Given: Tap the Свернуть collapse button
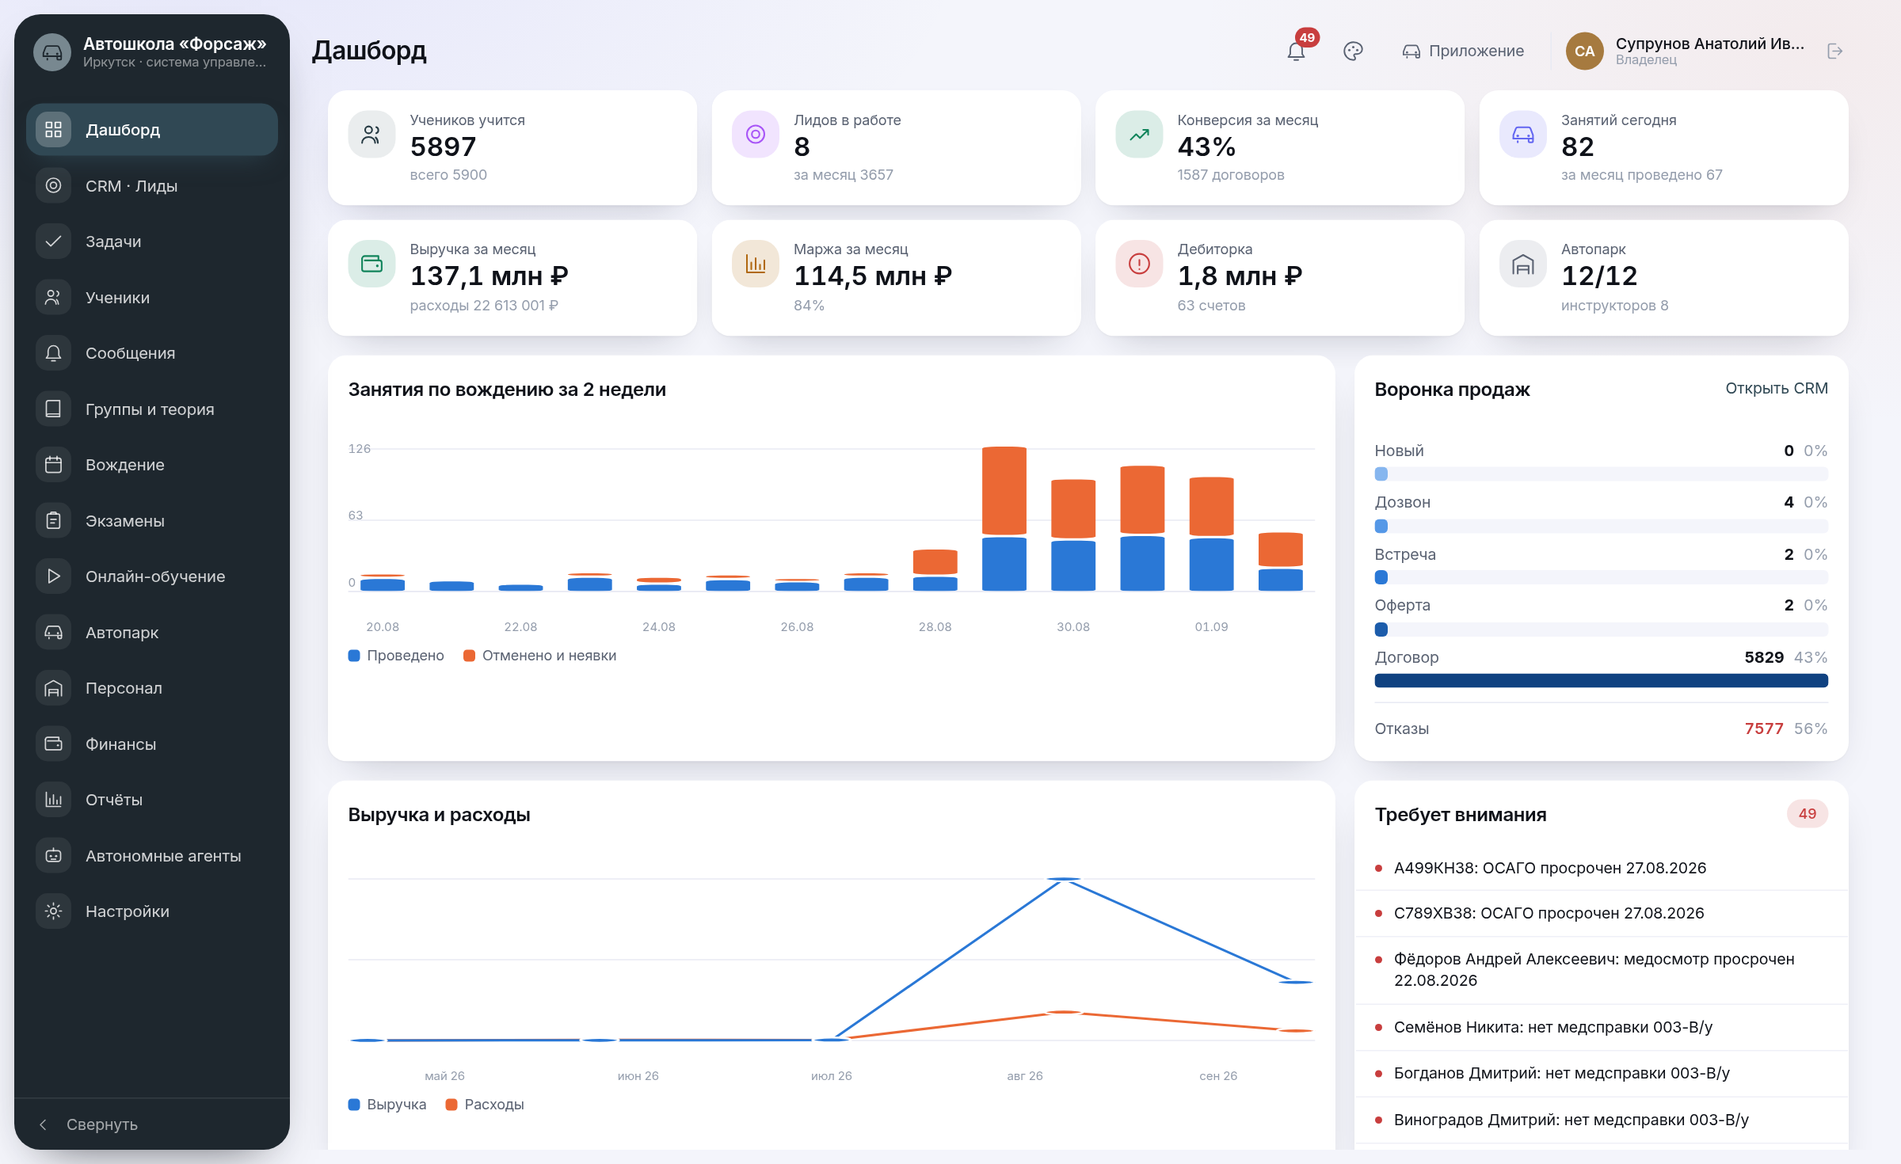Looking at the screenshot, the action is [x=89, y=1124].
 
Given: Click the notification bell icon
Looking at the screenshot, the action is [x=1296, y=51].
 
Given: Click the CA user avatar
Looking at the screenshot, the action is [x=1584, y=51].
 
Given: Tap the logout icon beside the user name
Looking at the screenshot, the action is [x=1834, y=51].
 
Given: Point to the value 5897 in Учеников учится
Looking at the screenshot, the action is [x=443, y=146].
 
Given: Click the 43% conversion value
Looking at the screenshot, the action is [x=1206, y=146].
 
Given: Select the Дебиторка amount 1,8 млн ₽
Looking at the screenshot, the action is [x=1240, y=276].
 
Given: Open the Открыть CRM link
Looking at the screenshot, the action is [x=1777, y=388].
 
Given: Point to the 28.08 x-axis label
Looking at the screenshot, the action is [x=935, y=626].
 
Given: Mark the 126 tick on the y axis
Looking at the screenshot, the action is [x=360, y=449].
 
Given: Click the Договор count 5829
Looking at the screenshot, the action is [x=1764, y=657].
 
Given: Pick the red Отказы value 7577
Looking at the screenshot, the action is [x=1764, y=728].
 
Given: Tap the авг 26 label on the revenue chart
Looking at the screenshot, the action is [x=1025, y=1075].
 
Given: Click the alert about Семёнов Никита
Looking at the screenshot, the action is [x=1553, y=1027].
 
